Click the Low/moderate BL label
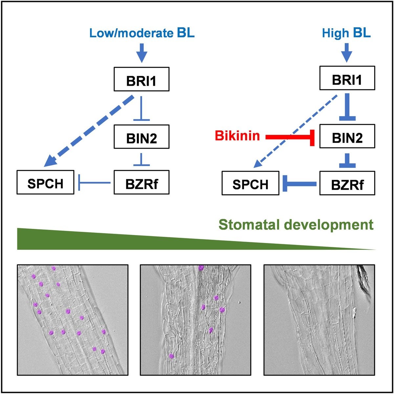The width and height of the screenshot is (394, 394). click(142, 33)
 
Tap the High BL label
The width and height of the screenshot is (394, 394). click(346, 33)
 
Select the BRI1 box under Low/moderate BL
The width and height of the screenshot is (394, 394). click(142, 79)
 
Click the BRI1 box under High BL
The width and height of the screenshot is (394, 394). click(347, 79)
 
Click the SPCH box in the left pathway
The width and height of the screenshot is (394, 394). click(45, 183)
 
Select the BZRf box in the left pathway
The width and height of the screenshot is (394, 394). click(142, 183)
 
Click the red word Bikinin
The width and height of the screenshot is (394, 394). click(237, 135)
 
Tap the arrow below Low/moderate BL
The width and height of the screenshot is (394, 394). click(142, 53)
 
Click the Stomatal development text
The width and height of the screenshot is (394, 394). click(296, 225)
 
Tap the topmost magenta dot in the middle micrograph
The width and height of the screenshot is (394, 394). click(201, 268)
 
